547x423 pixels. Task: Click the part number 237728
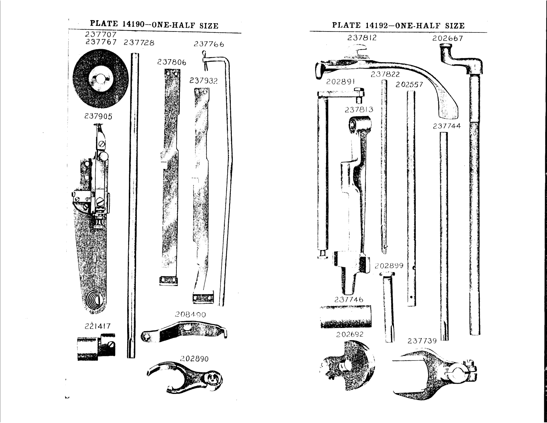(x=139, y=43)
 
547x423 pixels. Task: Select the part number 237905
(x=98, y=117)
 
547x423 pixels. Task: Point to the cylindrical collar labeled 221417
(x=96, y=347)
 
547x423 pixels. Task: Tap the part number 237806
(x=172, y=62)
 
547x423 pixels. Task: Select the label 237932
(x=204, y=81)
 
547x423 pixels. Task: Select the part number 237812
(x=362, y=38)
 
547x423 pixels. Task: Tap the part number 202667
(x=448, y=39)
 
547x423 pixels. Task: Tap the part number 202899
(x=389, y=266)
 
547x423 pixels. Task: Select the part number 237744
(x=446, y=126)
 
